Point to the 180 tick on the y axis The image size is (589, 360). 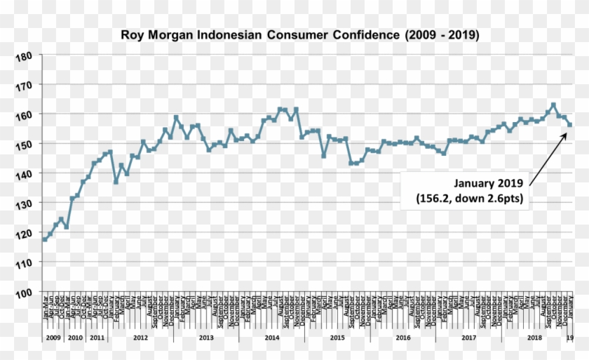point(24,55)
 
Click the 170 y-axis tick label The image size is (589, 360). point(24,85)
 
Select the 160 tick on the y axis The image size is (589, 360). point(24,114)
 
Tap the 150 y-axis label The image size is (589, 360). point(24,144)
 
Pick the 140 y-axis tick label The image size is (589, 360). point(24,173)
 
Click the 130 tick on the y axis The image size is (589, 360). point(24,203)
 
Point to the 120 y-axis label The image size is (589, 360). point(24,232)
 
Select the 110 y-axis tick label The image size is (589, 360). point(24,262)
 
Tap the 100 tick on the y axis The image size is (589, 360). point(24,292)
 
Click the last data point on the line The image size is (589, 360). point(570,125)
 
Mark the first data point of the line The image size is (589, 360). point(45,239)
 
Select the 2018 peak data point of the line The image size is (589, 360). point(553,105)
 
